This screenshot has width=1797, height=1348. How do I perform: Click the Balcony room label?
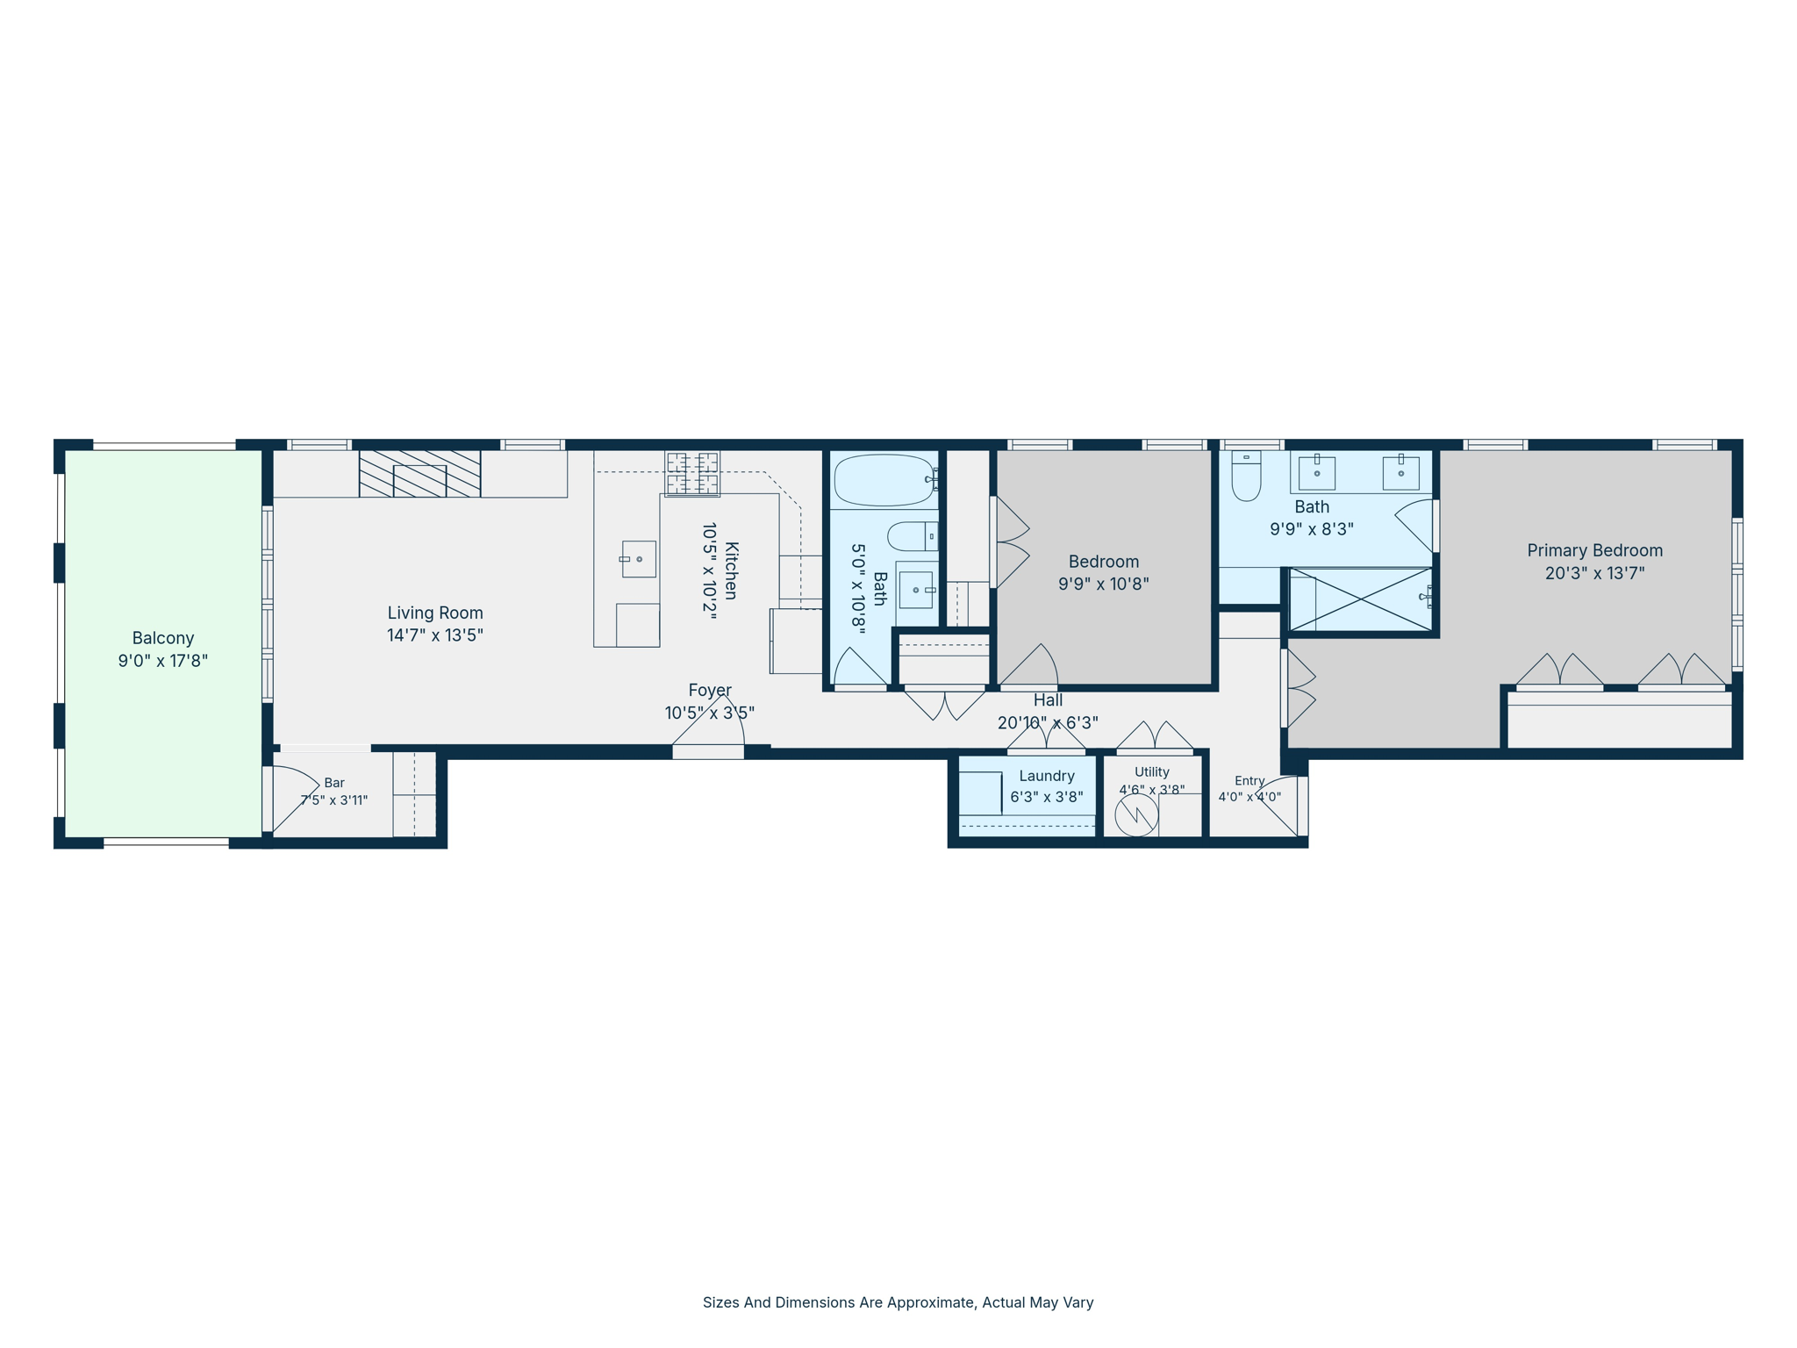[163, 638]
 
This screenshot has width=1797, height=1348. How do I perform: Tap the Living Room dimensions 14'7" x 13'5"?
[435, 635]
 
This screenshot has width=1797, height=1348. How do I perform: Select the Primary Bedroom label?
[1595, 550]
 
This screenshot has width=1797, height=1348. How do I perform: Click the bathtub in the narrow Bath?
[884, 480]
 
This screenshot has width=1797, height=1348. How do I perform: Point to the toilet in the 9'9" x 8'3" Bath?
[1246, 476]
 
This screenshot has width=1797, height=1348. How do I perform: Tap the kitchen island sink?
[639, 559]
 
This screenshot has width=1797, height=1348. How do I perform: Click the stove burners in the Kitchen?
[692, 474]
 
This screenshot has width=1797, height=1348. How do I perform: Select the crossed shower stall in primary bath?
[1360, 599]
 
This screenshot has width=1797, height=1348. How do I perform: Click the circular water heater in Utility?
[1136, 815]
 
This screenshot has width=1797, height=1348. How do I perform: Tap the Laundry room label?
[1047, 776]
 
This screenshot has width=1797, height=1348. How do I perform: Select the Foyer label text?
[710, 691]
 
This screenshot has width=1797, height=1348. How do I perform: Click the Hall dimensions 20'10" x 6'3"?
[1048, 722]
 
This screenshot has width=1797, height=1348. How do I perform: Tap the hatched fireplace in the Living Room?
[419, 474]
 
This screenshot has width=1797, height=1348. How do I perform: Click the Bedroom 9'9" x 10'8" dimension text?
[1104, 584]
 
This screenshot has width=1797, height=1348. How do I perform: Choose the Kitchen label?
[731, 570]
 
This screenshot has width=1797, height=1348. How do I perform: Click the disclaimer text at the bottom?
[898, 1302]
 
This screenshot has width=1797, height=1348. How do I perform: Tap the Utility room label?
[1152, 772]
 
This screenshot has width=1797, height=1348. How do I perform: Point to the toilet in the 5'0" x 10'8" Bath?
[913, 536]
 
